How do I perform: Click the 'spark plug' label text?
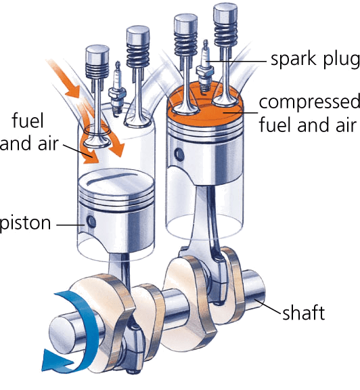click(315, 60)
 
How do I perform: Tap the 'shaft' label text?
click(304, 313)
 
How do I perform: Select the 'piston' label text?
click(25, 223)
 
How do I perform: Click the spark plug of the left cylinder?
click(116, 89)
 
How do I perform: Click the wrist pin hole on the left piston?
click(91, 221)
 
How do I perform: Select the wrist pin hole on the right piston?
click(179, 154)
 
